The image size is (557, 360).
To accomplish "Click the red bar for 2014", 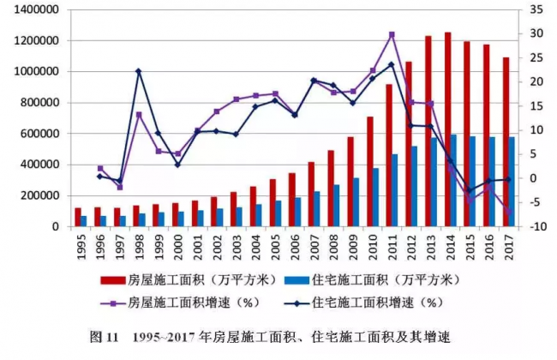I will coord(470,129).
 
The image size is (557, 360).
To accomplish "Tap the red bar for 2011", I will coord(389,155).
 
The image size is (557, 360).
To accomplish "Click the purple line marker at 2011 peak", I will coord(392,34).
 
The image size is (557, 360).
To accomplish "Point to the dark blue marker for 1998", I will coord(138,71).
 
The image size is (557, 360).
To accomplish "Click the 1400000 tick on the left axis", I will coord(34,10).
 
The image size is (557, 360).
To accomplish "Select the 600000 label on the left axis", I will coord(38,134).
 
